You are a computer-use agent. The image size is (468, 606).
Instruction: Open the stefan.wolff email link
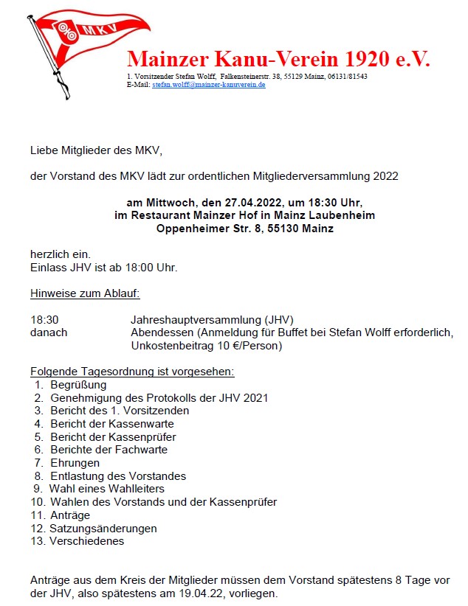pyautogui.click(x=209, y=85)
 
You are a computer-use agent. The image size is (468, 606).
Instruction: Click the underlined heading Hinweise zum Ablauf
pyautogui.click(x=85, y=293)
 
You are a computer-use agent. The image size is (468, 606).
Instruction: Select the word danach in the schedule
pyautogui.click(x=49, y=332)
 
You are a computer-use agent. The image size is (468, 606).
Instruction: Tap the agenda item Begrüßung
pyautogui.click(x=78, y=385)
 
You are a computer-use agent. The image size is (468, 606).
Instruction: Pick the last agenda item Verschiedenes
pyautogui.click(x=86, y=541)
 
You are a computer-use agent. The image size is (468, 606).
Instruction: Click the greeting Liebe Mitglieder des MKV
pyautogui.click(x=95, y=150)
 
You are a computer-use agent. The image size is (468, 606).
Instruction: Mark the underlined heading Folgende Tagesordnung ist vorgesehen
pyautogui.click(x=132, y=372)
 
